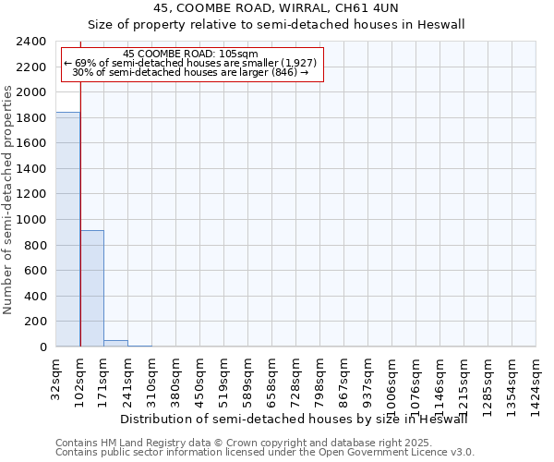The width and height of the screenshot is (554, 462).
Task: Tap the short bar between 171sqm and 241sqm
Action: pos(116,344)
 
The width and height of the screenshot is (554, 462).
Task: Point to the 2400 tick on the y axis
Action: pos(32,42)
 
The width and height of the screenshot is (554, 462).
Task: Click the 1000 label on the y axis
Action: pos(32,220)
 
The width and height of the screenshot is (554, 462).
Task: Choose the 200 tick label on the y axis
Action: pos(36,322)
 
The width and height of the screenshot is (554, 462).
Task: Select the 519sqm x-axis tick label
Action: pos(224,376)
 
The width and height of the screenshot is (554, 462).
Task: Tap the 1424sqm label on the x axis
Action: pos(536,379)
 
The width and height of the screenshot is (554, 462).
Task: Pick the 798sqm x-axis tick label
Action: pos(320,376)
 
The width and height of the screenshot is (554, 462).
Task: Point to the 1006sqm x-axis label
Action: pos(392,379)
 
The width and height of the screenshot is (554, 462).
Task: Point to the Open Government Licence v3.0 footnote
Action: pos(265,452)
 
